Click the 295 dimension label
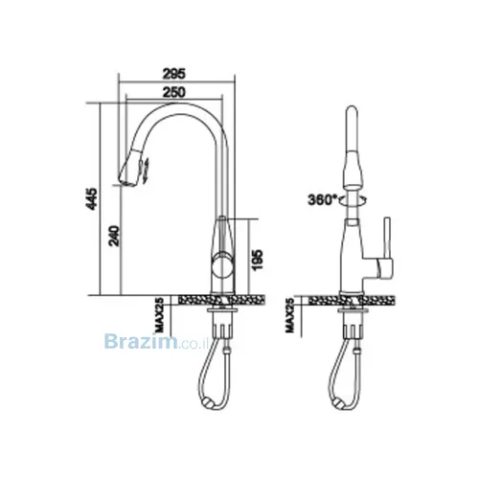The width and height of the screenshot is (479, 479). (x=174, y=74)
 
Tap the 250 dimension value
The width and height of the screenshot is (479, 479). (x=174, y=92)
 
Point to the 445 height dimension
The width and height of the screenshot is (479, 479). (x=92, y=198)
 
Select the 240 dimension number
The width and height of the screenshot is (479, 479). (x=114, y=236)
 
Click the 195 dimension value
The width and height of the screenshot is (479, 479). (x=258, y=260)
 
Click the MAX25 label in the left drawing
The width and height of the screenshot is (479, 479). (x=159, y=315)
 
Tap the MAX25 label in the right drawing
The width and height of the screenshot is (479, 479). (x=289, y=315)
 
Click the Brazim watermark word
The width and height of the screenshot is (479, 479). (x=141, y=341)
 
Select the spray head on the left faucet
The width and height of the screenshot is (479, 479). (x=130, y=170)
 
